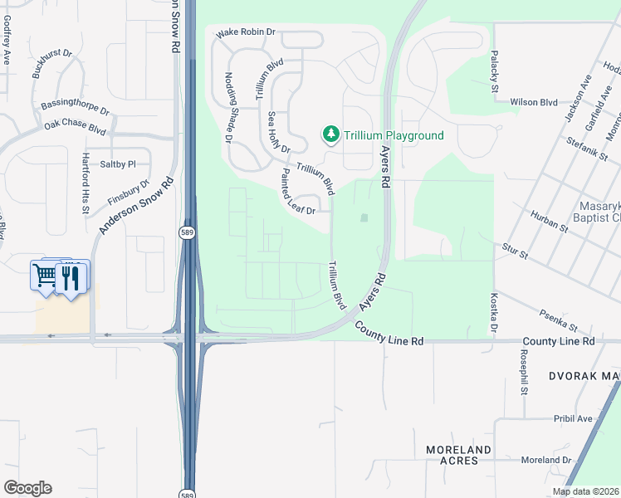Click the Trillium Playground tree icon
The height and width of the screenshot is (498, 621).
[330, 134]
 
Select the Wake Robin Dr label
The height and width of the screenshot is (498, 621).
[245, 33]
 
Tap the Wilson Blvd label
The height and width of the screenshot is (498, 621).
[533, 102]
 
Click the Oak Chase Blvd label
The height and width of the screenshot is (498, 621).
[76, 129]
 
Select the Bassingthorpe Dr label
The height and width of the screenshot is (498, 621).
[75, 108]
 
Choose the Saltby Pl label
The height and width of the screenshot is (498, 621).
[117, 164]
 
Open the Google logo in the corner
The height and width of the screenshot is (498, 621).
[27, 488]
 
